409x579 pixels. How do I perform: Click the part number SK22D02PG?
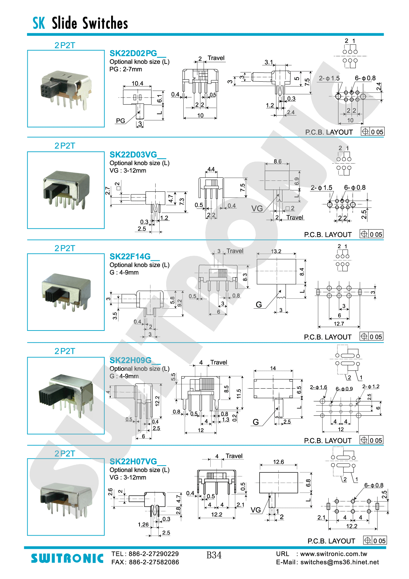(x=133, y=53)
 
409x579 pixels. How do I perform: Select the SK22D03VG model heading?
(x=133, y=155)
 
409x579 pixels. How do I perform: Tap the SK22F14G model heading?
(x=130, y=257)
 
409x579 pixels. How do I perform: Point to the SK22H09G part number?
(x=130, y=360)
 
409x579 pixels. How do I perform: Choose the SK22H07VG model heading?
(x=133, y=462)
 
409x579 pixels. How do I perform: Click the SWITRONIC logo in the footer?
(x=67, y=558)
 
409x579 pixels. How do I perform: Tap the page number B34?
(x=214, y=555)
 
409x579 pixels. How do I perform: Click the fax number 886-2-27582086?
(x=154, y=562)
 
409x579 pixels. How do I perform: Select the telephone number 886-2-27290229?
(x=154, y=554)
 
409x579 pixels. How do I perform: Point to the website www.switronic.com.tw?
(x=333, y=554)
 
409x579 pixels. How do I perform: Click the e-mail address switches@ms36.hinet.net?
(x=340, y=562)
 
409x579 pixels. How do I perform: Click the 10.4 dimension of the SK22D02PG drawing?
(x=137, y=83)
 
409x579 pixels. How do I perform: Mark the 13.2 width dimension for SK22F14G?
(x=276, y=251)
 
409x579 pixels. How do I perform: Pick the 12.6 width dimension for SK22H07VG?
(x=278, y=462)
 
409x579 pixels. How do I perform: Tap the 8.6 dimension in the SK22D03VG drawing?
(x=277, y=161)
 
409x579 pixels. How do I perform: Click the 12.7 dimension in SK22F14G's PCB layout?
(x=339, y=324)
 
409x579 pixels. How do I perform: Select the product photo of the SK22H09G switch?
(x=66, y=396)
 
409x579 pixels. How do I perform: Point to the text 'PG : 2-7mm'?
(x=126, y=69)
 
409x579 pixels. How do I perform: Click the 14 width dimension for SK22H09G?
(x=273, y=368)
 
